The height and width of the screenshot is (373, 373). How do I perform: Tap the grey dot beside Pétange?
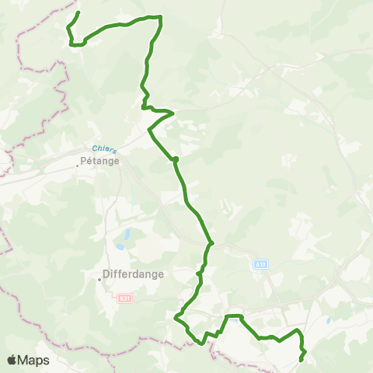(x=78, y=165)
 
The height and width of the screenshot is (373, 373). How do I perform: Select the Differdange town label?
(x=129, y=274)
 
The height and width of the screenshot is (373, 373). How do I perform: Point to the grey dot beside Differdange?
(x=99, y=281)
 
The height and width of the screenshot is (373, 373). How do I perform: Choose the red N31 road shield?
(x=124, y=298)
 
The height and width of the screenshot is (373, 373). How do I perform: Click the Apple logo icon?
(x=12, y=361)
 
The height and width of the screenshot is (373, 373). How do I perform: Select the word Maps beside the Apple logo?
(x=34, y=361)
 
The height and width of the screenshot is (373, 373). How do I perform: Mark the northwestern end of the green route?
(x=79, y=12)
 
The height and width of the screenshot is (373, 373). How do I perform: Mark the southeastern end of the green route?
(x=301, y=360)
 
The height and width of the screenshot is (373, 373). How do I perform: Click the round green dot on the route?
(x=176, y=159)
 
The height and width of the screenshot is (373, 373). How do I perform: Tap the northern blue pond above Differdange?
(x=124, y=232)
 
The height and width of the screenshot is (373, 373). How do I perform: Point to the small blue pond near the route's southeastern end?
(x=329, y=319)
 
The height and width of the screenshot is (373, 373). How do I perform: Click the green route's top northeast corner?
(x=161, y=16)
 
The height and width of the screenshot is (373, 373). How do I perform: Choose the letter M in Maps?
(x=24, y=361)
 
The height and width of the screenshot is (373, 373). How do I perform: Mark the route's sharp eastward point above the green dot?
(x=174, y=113)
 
